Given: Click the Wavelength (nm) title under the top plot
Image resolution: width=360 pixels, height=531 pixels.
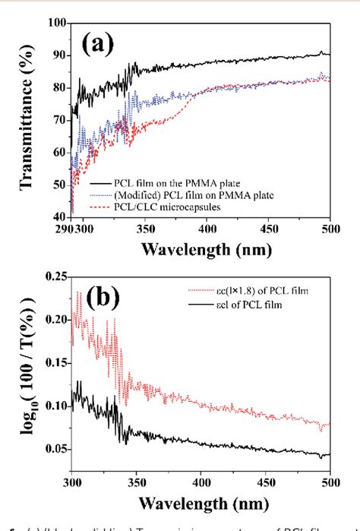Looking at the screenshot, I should (222, 251).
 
